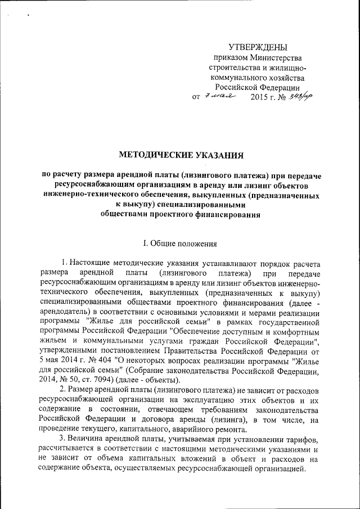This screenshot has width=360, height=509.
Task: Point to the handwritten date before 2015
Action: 220,96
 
